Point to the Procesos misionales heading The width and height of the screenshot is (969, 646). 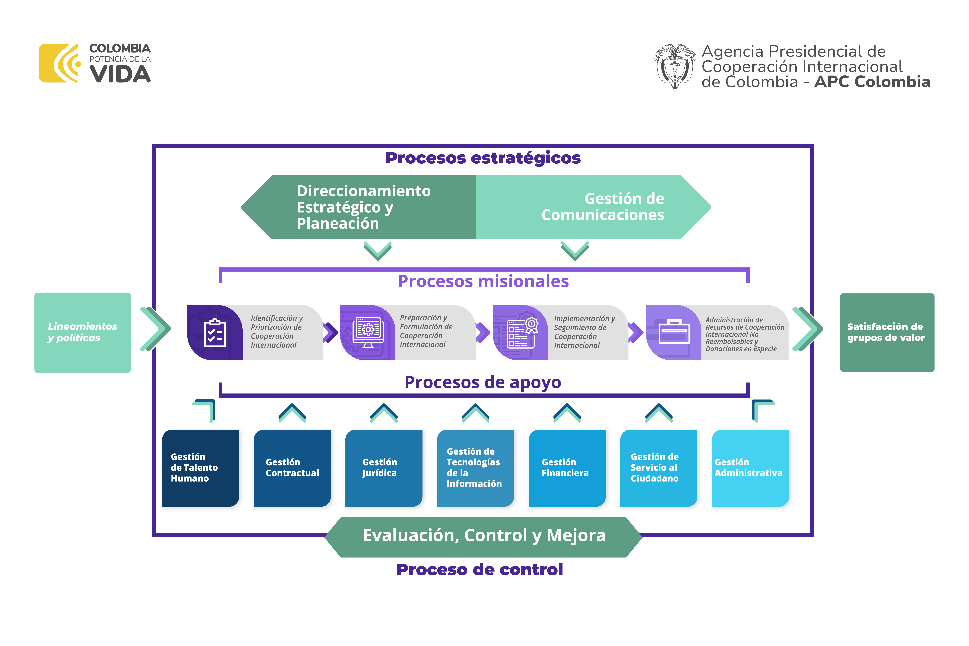(483, 281)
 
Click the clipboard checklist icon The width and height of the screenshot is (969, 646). (215, 333)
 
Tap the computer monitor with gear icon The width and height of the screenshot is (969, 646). (368, 332)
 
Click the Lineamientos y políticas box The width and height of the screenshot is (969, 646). (82, 332)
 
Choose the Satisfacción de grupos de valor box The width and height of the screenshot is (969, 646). (887, 332)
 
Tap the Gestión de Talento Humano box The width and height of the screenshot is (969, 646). (201, 468)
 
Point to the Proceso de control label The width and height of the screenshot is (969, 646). (480, 570)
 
